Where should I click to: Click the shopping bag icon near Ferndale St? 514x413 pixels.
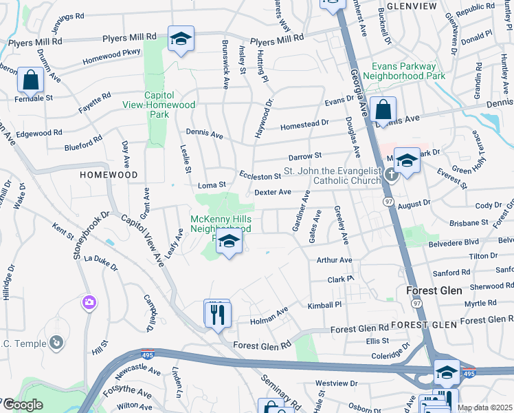click(31, 81)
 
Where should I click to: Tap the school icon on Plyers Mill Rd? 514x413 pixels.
click(181, 39)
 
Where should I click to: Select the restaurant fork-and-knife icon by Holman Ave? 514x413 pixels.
click(218, 315)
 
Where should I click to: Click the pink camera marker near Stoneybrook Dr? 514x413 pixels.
click(89, 302)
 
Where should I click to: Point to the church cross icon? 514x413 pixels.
click(391, 174)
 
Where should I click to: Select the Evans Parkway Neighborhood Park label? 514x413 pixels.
click(400, 71)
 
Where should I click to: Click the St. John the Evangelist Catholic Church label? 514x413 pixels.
click(333, 176)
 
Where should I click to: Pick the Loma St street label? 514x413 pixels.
click(212, 185)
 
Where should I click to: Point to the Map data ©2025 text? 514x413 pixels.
click(484, 407)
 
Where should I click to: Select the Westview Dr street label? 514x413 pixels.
click(337, 383)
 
